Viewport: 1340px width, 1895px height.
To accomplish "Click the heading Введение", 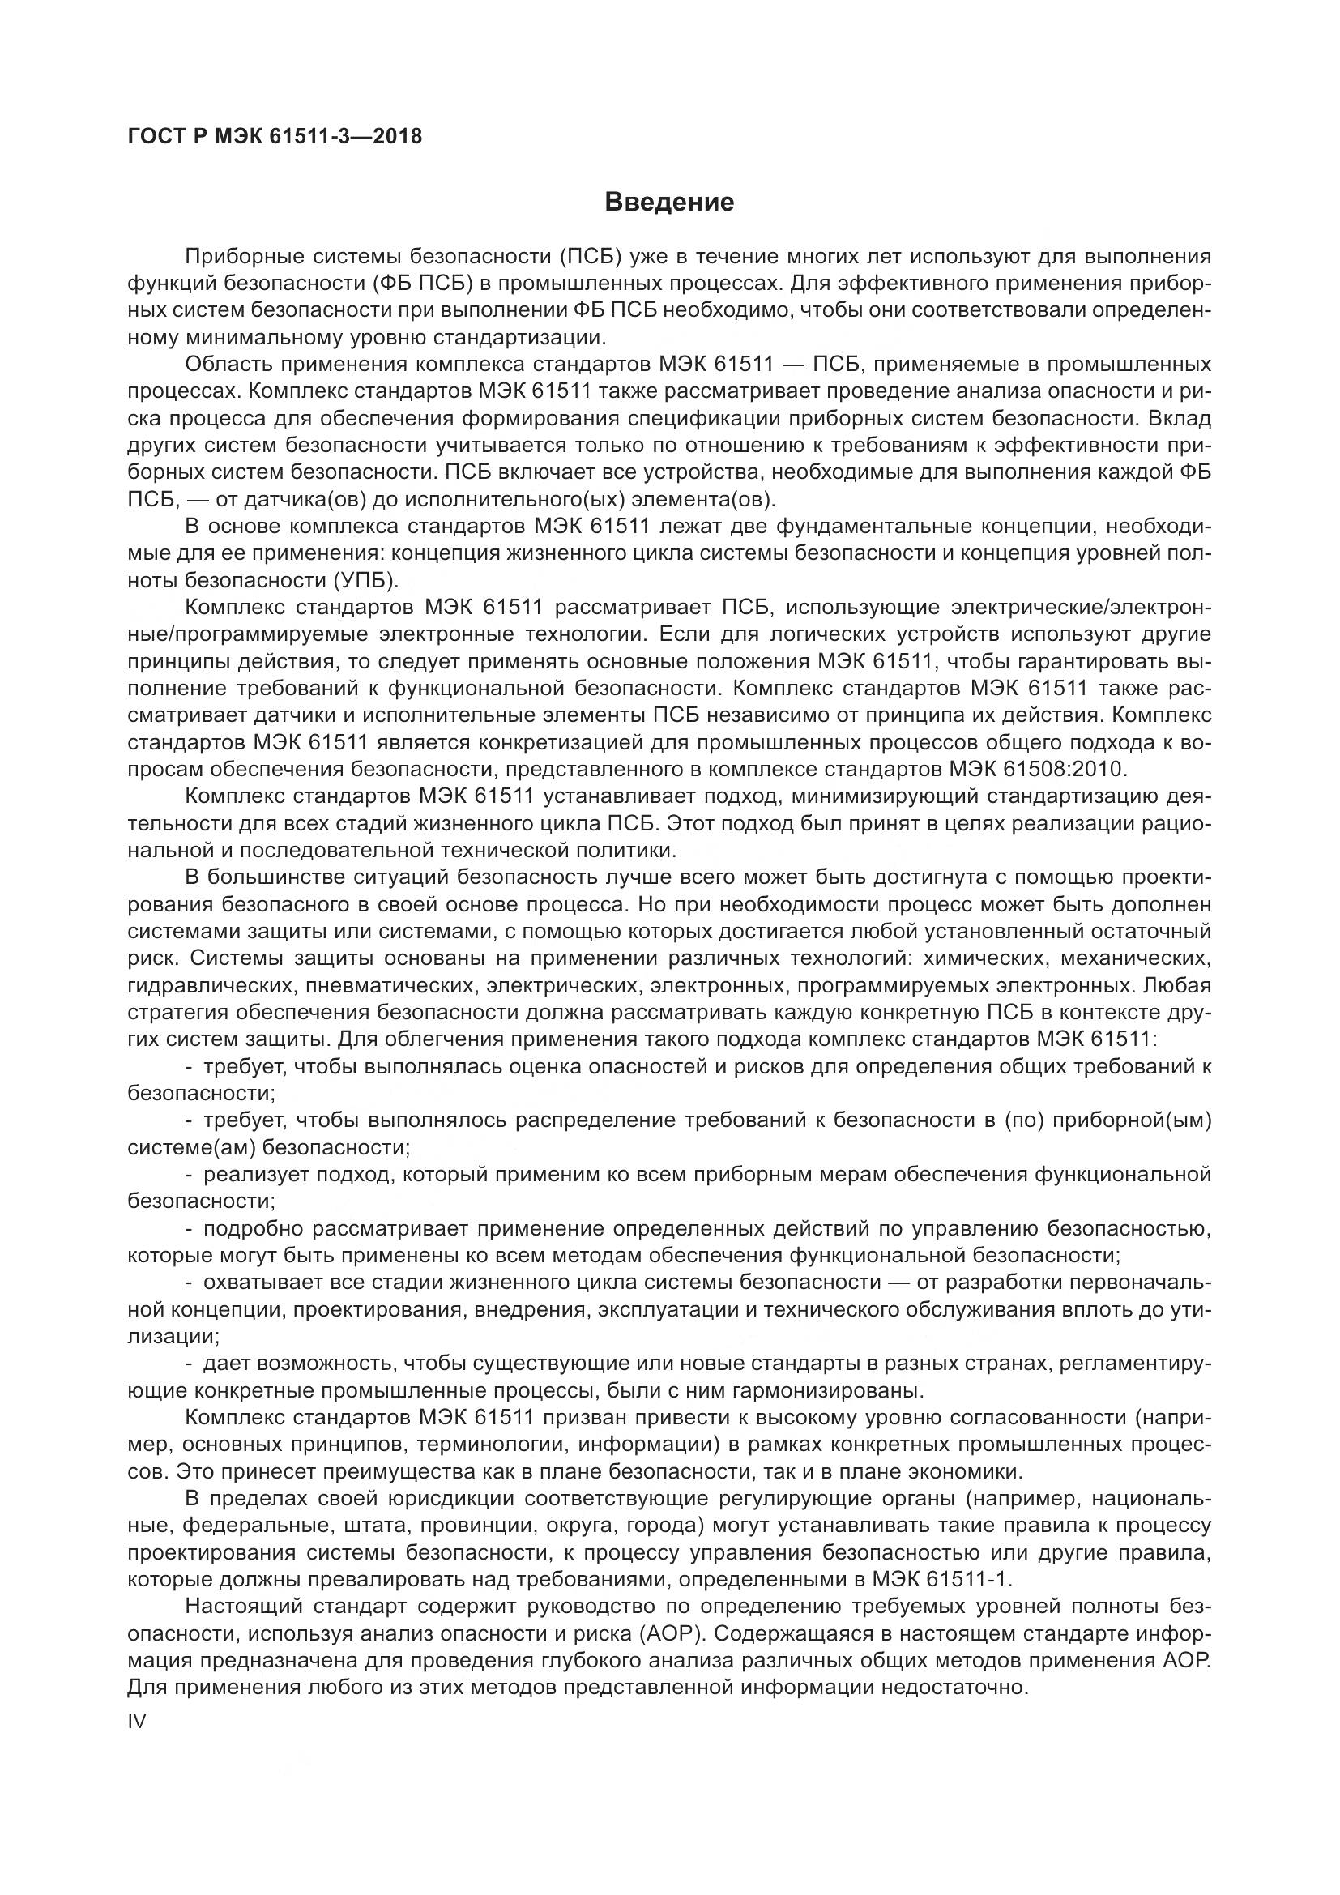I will click(669, 203).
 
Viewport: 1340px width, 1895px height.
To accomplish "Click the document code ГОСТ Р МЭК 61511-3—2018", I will click(275, 136).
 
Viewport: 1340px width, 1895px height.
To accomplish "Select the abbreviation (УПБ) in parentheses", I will click(365, 581).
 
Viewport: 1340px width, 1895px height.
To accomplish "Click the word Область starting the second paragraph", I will click(228, 365).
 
